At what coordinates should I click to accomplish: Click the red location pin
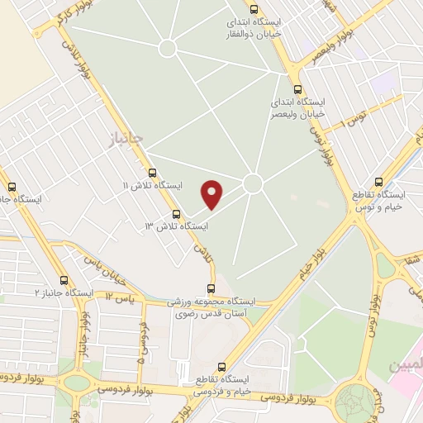(x=213, y=193)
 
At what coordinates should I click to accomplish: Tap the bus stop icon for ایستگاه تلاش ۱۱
(x=152, y=173)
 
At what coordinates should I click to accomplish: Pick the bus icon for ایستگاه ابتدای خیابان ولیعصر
(x=297, y=90)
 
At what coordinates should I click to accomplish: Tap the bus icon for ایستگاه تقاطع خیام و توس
(x=378, y=182)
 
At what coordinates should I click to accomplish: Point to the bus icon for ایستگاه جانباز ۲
(x=64, y=280)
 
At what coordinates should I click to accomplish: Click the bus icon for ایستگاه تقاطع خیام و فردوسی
(x=221, y=367)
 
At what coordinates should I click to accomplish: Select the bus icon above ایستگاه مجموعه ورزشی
(x=211, y=288)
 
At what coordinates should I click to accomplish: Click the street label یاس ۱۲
(x=121, y=296)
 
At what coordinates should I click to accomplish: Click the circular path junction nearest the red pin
(x=253, y=183)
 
